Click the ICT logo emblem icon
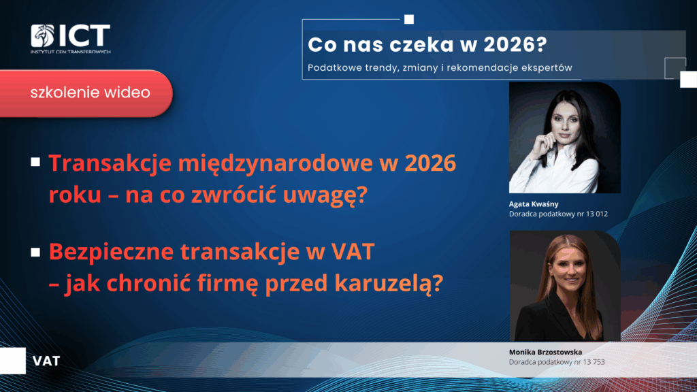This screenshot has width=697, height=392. [x=42, y=35]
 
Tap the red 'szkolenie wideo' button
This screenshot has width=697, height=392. [x=86, y=93]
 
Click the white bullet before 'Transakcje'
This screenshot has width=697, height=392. [x=35, y=162]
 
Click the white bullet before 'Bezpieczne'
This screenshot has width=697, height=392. [x=35, y=252]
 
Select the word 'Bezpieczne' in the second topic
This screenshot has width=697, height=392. [x=111, y=252]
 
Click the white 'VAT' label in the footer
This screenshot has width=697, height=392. [x=46, y=361]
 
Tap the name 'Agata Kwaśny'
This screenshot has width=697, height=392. [x=534, y=204]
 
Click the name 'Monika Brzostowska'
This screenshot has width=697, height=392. [x=545, y=352]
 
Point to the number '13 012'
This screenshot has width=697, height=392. [x=597, y=214]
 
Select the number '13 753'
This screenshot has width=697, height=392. [x=594, y=362]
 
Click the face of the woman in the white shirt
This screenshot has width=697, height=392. [x=564, y=121]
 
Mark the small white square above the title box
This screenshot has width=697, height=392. [x=409, y=19]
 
